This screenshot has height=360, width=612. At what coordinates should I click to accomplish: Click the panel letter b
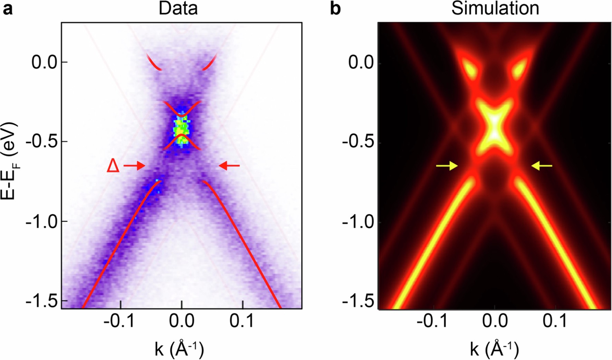point(335,9)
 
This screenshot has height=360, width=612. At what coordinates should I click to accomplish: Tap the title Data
point(178,8)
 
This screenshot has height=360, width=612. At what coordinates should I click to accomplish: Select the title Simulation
point(495,8)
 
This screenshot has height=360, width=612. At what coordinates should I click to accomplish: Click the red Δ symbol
point(113,166)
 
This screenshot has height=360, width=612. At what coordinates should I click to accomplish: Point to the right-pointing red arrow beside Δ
point(134,166)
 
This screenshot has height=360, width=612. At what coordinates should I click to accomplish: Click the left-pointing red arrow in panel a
point(229,166)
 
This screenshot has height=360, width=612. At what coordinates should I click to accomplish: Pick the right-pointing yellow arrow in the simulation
point(447,166)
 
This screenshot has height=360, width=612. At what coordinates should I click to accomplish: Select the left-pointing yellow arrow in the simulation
point(542,166)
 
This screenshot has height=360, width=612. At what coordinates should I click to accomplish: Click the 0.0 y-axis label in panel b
point(361,63)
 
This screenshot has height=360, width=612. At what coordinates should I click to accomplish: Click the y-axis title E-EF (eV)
point(9,161)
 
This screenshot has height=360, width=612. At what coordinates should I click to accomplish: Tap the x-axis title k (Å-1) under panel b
point(494,349)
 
